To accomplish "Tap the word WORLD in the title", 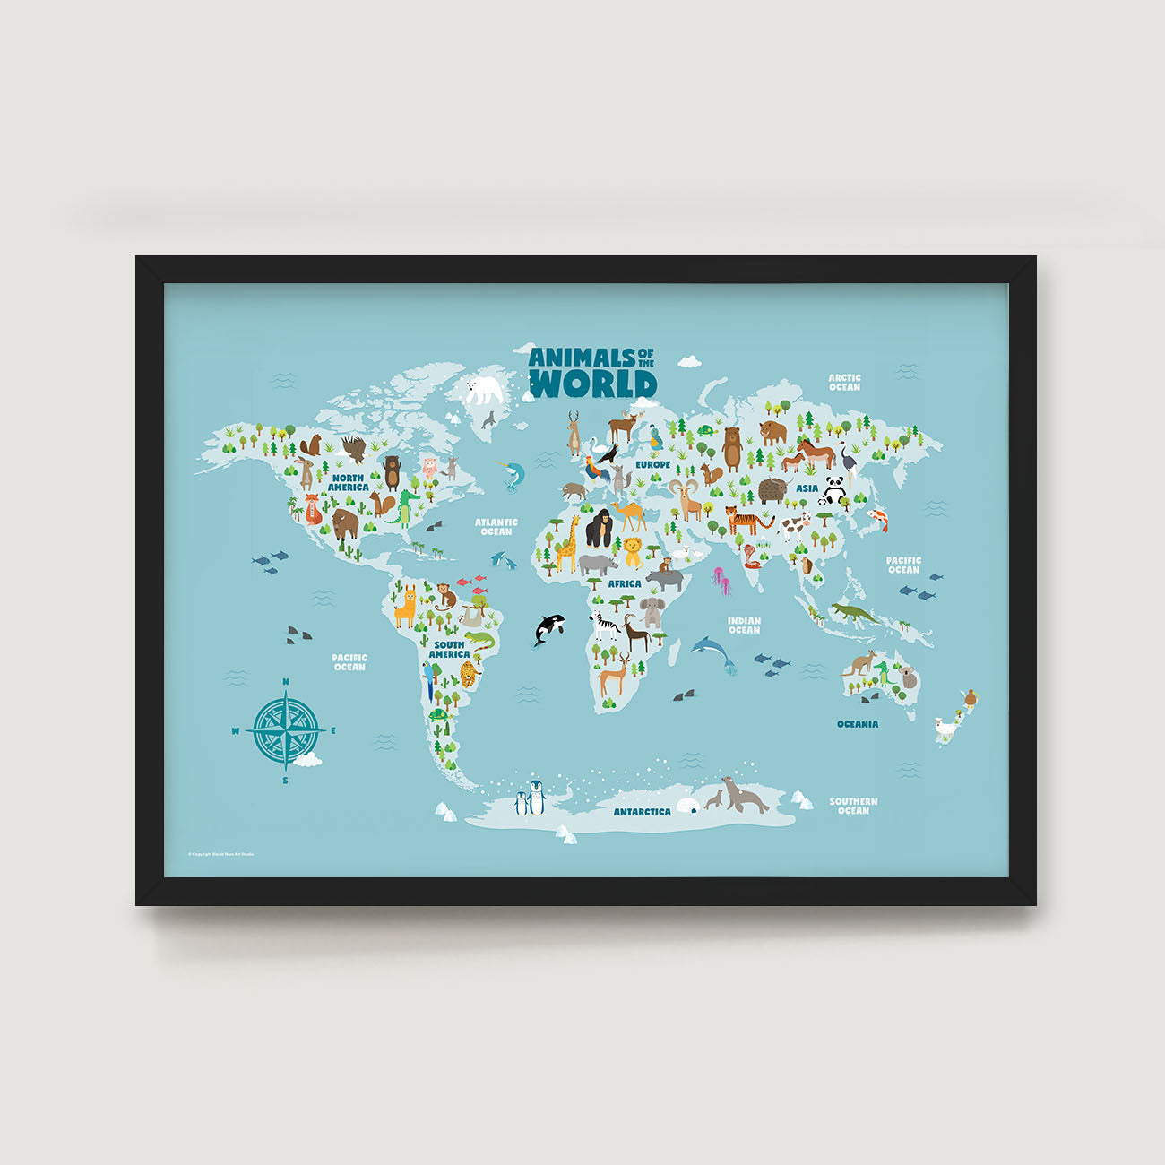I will tap(593, 384).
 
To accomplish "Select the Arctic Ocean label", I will tap(844, 383).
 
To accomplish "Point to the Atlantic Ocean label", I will tap(496, 527).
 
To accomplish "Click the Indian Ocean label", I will tap(744, 625).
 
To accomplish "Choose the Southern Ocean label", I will tap(853, 806).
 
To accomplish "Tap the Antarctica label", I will tap(642, 812).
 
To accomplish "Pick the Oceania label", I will tap(858, 724).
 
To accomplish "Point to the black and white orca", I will tap(547, 628).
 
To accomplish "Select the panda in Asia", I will tap(835, 489).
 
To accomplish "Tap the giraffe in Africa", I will tap(566, 544).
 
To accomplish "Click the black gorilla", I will tap(599, 529).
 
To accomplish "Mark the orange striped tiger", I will tap(746, 519).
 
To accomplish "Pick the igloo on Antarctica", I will tap(686, 805).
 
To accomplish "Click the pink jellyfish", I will tap(721, 580).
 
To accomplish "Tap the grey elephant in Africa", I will tap(652, 613).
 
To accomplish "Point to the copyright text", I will tap(220, 854).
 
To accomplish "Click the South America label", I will tap(449, 650).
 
